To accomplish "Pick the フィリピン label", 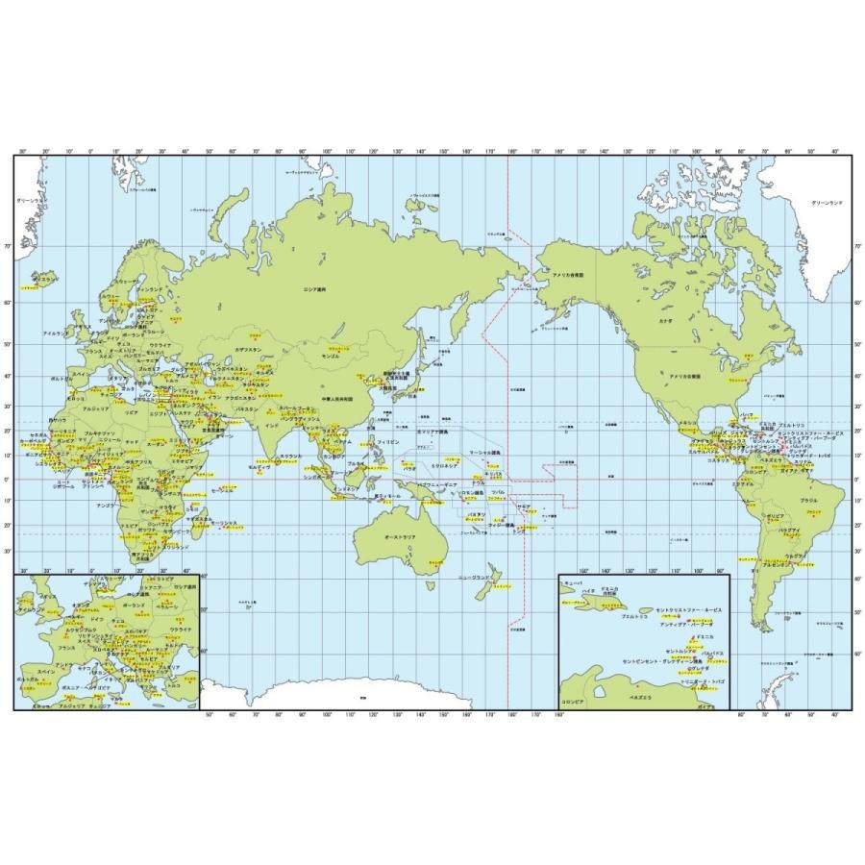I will [x=387, y=440].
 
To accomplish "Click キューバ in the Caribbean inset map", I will [x=572, y=583].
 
